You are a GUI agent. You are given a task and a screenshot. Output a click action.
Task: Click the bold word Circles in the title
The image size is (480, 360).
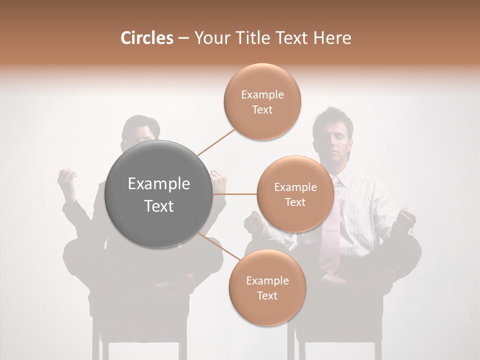click(x=146, y=38)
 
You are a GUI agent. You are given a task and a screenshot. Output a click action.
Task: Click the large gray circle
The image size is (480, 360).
click(x=158, y=194)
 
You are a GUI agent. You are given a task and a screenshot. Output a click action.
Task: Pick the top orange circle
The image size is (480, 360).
click(x=262, y=101)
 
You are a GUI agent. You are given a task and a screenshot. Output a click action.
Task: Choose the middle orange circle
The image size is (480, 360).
click(x=295, y=194)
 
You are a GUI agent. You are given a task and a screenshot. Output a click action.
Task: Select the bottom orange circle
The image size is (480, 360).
click(x=267, y=287)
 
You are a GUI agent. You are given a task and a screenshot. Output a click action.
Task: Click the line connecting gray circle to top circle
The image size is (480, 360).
click(x=217, y=141)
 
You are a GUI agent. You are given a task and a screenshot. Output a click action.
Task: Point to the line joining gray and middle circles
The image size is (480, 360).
click(x=235, y=194)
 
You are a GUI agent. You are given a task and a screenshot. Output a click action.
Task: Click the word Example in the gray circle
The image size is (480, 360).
click(x=158, y=184)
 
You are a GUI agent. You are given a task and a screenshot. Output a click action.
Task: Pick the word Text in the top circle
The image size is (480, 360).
click(x=262, y=109)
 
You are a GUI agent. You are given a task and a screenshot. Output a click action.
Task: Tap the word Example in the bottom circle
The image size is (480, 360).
click(x=267, y=280)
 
